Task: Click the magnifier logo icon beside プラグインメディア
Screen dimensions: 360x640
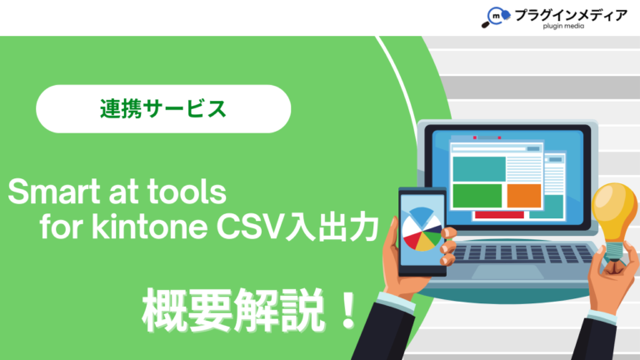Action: click(x=493, y=17)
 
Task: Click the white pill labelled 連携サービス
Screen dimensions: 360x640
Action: click(x=163, y=109)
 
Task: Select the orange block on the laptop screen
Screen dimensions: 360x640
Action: click(x=524, y=196)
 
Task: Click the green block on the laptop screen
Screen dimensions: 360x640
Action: click(x=477, y=196)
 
